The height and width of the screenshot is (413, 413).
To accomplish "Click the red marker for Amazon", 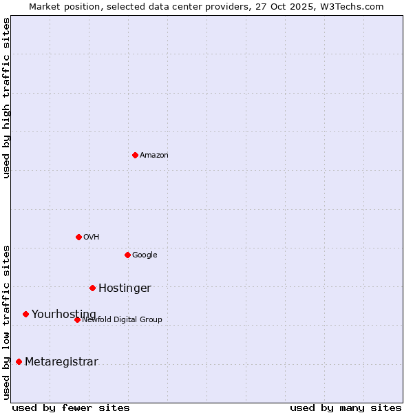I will pos(135,155).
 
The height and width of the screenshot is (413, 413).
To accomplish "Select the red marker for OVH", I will pos(78,237).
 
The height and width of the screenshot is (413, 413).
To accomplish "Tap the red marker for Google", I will pos(127,255).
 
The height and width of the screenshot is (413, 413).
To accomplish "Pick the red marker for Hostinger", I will pos(92,288).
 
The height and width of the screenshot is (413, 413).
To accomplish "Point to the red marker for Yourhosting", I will pos(25,314).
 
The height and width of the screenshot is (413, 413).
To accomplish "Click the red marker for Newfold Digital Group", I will pos(77,319).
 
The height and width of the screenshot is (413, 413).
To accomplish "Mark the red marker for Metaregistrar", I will pos(19,361).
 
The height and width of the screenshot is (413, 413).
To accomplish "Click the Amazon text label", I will pos(154,156).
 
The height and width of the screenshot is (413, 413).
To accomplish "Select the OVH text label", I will pos(92,237).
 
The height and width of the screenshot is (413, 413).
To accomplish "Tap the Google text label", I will pos(145,255).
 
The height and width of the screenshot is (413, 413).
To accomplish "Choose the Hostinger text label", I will pos(125,288).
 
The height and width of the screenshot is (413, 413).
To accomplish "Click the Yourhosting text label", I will pos(64,315).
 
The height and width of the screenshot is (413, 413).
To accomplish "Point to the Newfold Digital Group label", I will pos(122,319).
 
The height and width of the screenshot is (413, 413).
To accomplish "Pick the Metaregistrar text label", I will pos(61,362).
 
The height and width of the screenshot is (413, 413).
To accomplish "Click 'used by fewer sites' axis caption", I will pos(71,407).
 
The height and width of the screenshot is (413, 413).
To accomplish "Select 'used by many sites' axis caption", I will pos(346,407).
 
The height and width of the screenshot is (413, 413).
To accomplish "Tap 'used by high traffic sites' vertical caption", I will pos(6,98).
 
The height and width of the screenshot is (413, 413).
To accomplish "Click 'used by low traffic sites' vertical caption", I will pos(6,321).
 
